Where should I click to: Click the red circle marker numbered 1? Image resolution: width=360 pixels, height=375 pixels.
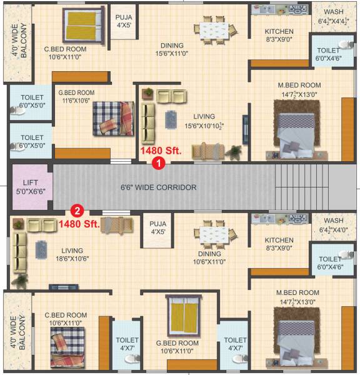coord(159,164)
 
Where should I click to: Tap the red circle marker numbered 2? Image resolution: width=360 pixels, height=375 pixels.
coord(77,211)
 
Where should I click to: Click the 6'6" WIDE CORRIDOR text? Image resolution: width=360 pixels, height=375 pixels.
coord(158,187)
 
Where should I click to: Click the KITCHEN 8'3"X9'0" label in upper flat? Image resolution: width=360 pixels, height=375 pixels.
coord(279,36)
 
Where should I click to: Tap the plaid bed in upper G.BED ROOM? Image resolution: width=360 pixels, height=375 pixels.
coord(113,118)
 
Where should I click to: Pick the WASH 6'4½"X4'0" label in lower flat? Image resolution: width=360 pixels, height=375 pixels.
coord(333,225)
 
